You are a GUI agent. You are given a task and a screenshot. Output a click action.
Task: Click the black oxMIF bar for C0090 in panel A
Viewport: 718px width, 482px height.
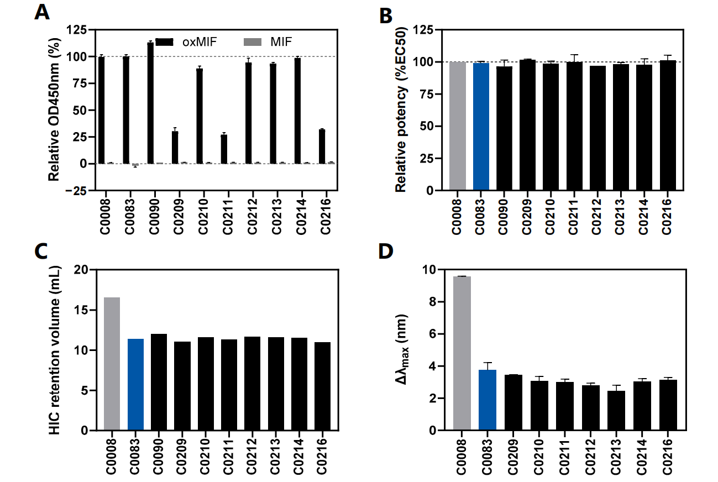click(x=150, y=103)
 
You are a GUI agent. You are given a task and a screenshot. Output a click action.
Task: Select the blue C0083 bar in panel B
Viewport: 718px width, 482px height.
click(x=481, y=127)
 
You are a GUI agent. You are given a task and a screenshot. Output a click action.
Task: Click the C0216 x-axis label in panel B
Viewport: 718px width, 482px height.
click(x=668, y=218)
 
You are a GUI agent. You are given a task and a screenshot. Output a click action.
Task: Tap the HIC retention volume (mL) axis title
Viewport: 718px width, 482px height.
click(x=54, y=349)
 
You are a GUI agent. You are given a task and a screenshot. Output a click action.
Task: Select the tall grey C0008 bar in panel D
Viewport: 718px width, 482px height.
click(x=462, y=353)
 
